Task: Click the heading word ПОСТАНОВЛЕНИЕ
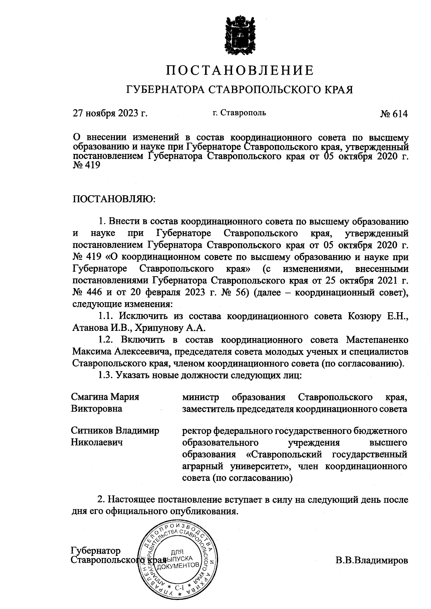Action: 240,70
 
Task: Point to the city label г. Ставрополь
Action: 239,113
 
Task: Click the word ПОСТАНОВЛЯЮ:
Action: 113,198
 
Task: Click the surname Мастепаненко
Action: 377,339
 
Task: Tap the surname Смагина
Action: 89,397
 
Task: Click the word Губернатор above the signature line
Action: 96,551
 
